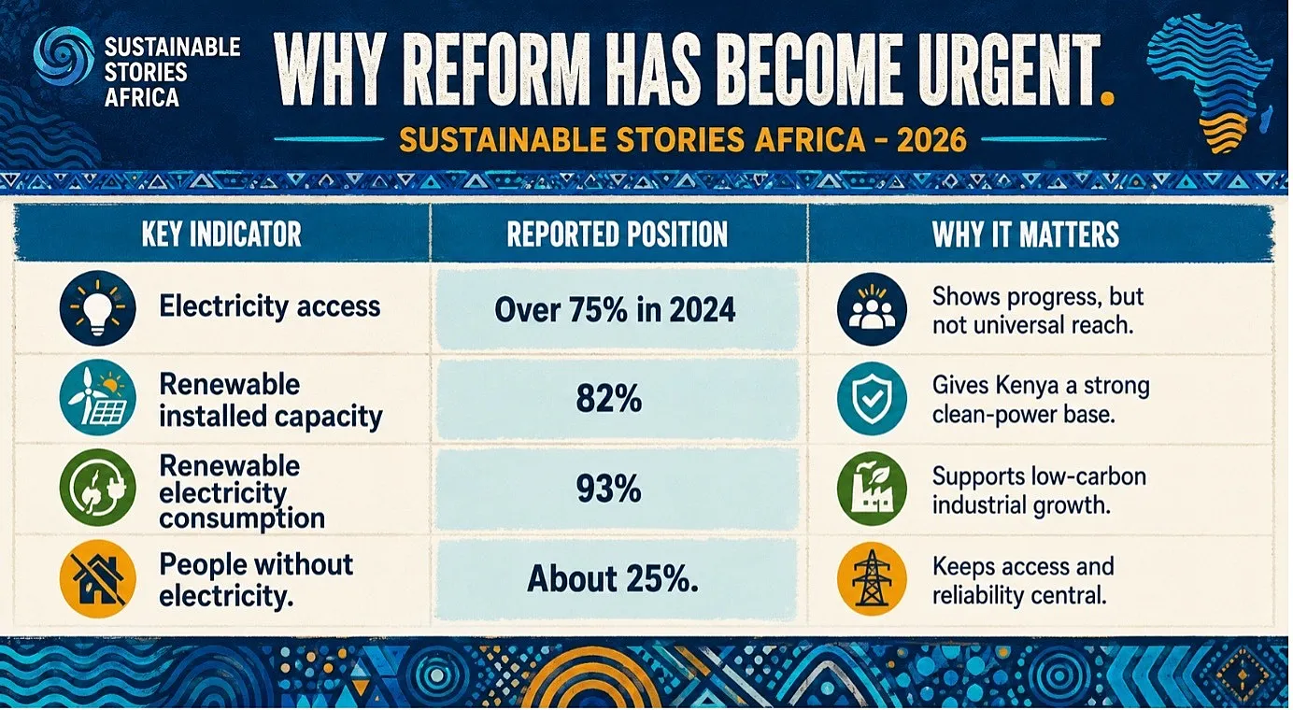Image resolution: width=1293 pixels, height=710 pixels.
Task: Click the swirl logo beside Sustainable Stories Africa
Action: [64, 56]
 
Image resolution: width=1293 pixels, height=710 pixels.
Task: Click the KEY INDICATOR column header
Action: [221, 234]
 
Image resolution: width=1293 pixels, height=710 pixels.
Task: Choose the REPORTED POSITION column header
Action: [617, 234]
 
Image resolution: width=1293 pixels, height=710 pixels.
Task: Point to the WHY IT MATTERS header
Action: [1025, 234]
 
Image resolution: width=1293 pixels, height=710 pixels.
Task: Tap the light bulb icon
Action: [97, 308]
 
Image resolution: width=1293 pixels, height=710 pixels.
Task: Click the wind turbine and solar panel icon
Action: [97, 398]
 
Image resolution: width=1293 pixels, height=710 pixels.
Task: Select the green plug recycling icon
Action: [97, 488]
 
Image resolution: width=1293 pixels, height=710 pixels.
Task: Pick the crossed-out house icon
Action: [97, 578]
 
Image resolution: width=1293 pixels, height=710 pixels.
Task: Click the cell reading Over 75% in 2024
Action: [616, 310]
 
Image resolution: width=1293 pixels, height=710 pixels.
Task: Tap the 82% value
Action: [609, 399]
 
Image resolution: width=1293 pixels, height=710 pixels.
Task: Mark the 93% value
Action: [609, 489]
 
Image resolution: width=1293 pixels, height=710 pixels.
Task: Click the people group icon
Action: [872, 309]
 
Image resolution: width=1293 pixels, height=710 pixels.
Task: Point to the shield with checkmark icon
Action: [872, 398]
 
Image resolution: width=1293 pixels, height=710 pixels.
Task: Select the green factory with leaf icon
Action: [872, 489]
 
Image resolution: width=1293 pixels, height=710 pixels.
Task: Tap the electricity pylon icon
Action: [872, 578]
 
